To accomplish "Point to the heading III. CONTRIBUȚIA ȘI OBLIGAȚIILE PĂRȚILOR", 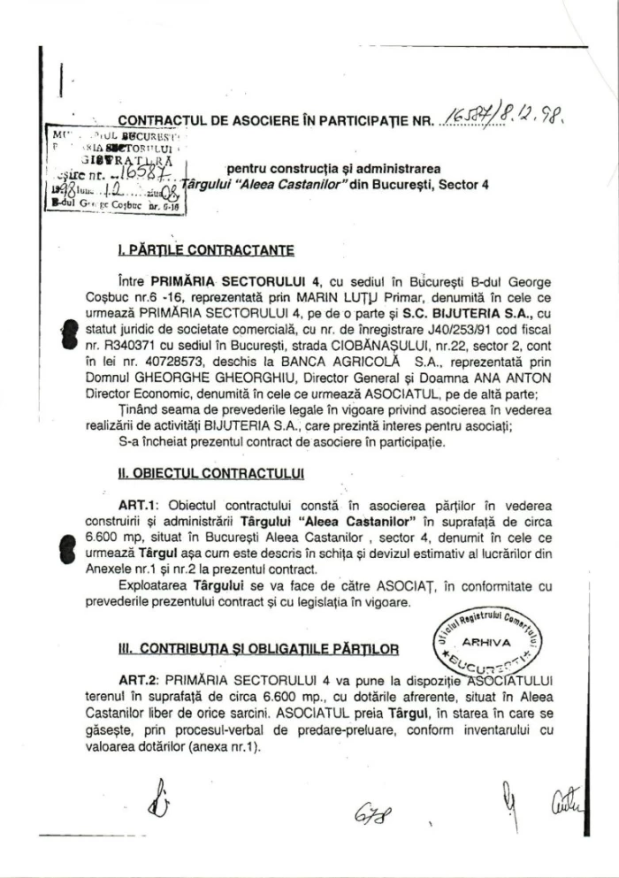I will point(258,650).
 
